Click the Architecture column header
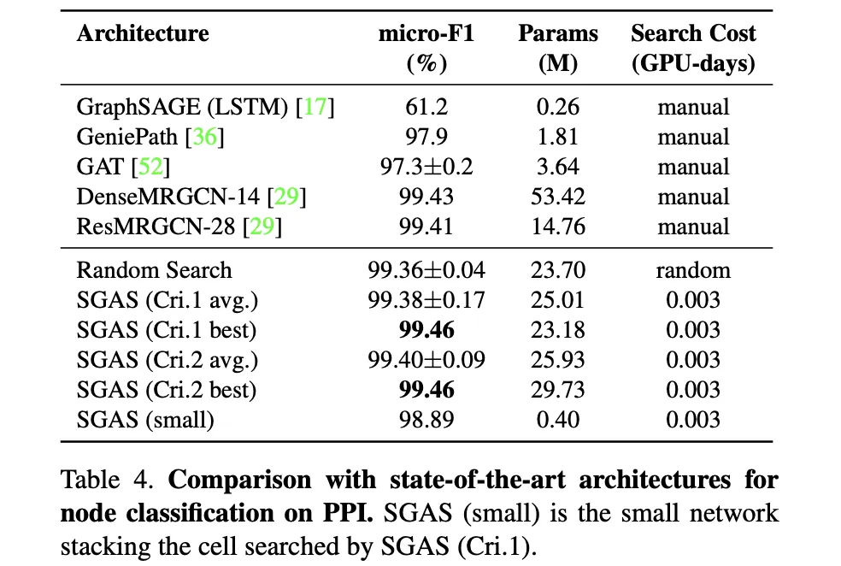142,34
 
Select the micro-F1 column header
426,34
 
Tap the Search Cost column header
693,34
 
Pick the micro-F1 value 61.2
426,108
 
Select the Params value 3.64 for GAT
559,168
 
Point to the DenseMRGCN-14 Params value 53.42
559,198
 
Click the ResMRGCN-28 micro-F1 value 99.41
426,227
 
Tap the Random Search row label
154,270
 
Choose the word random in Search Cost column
693,270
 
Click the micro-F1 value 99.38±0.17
426,300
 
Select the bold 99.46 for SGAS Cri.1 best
426,330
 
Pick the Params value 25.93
559,360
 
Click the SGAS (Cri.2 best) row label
167,390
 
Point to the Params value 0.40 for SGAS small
559,420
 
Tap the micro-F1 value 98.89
426,420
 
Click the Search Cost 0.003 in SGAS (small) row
693,420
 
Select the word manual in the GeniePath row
693,138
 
